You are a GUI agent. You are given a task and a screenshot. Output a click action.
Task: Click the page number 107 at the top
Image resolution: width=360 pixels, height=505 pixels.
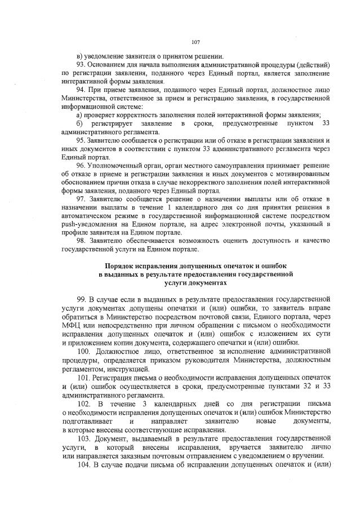196,42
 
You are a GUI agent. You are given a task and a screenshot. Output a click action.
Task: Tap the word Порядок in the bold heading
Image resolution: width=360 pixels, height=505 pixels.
120,265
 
